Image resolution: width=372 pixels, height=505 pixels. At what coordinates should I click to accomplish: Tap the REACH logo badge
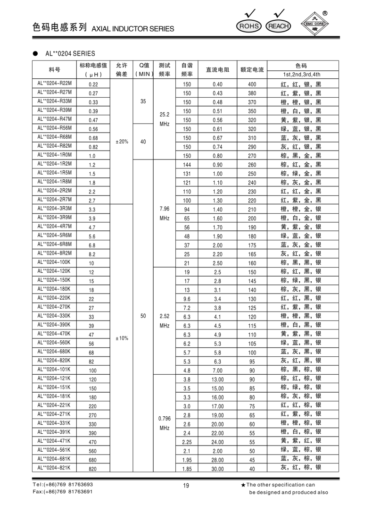pos(279,26)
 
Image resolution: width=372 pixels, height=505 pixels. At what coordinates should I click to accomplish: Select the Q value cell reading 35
pos(143,101)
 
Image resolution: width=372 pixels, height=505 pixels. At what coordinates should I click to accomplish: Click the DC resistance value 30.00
pos(217,468)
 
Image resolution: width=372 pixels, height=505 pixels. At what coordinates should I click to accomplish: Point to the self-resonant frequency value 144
pos(187,164)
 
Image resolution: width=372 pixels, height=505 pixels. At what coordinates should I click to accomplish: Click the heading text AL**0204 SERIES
pos(70,53)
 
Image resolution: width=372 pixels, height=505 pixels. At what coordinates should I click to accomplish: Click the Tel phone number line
pos(63,485)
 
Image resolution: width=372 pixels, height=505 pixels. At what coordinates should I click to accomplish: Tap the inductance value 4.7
pos(92,227)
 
